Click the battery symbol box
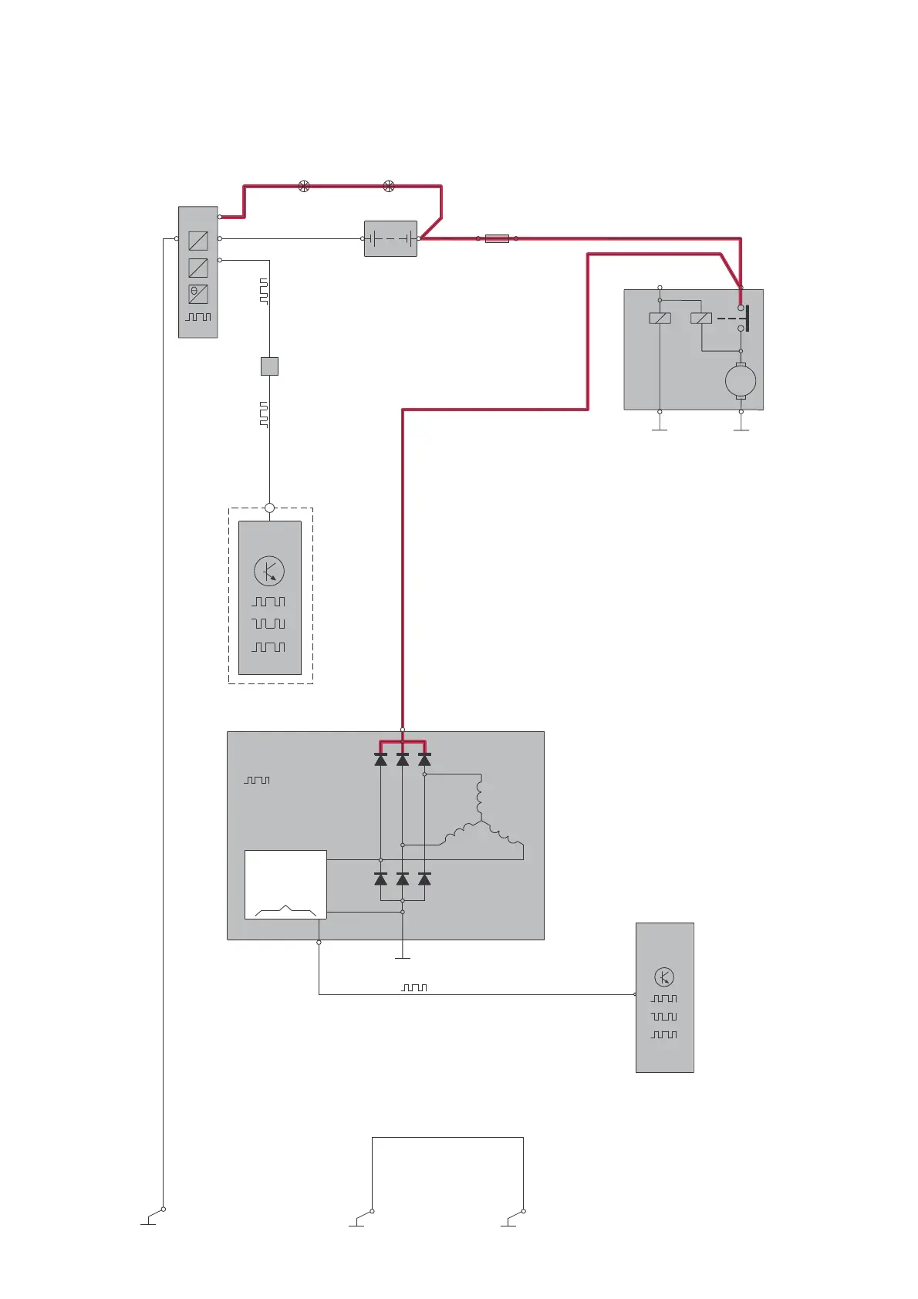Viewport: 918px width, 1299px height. pos(390,238)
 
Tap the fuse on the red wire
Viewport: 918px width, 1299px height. pos(497,238)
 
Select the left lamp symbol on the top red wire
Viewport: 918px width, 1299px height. pos(304,186)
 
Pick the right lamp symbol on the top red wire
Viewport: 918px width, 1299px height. pos(389,186)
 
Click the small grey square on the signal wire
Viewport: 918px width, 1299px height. pos(269,366)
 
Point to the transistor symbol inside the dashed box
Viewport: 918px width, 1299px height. pos(269,572)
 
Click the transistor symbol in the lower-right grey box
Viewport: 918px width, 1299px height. pos(664,977)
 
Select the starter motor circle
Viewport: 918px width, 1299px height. pos(741,381)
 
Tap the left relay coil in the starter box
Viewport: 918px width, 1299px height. pos(660,318)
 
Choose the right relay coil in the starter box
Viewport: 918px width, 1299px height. pos(701,318)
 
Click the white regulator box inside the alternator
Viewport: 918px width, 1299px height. pos(285,884)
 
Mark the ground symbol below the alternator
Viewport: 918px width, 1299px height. pos(402,957)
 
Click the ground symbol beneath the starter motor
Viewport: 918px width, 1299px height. pos(741,428)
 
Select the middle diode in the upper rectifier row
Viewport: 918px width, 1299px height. pos(402,760)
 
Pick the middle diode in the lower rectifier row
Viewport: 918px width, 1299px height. pos(402,879)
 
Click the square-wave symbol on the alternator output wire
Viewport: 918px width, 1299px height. pos(414,987)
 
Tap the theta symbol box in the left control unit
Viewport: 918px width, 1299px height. pos(198,294)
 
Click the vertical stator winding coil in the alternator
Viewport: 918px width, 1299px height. pos(480,798)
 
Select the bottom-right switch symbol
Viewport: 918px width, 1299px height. pos(514,1217)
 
